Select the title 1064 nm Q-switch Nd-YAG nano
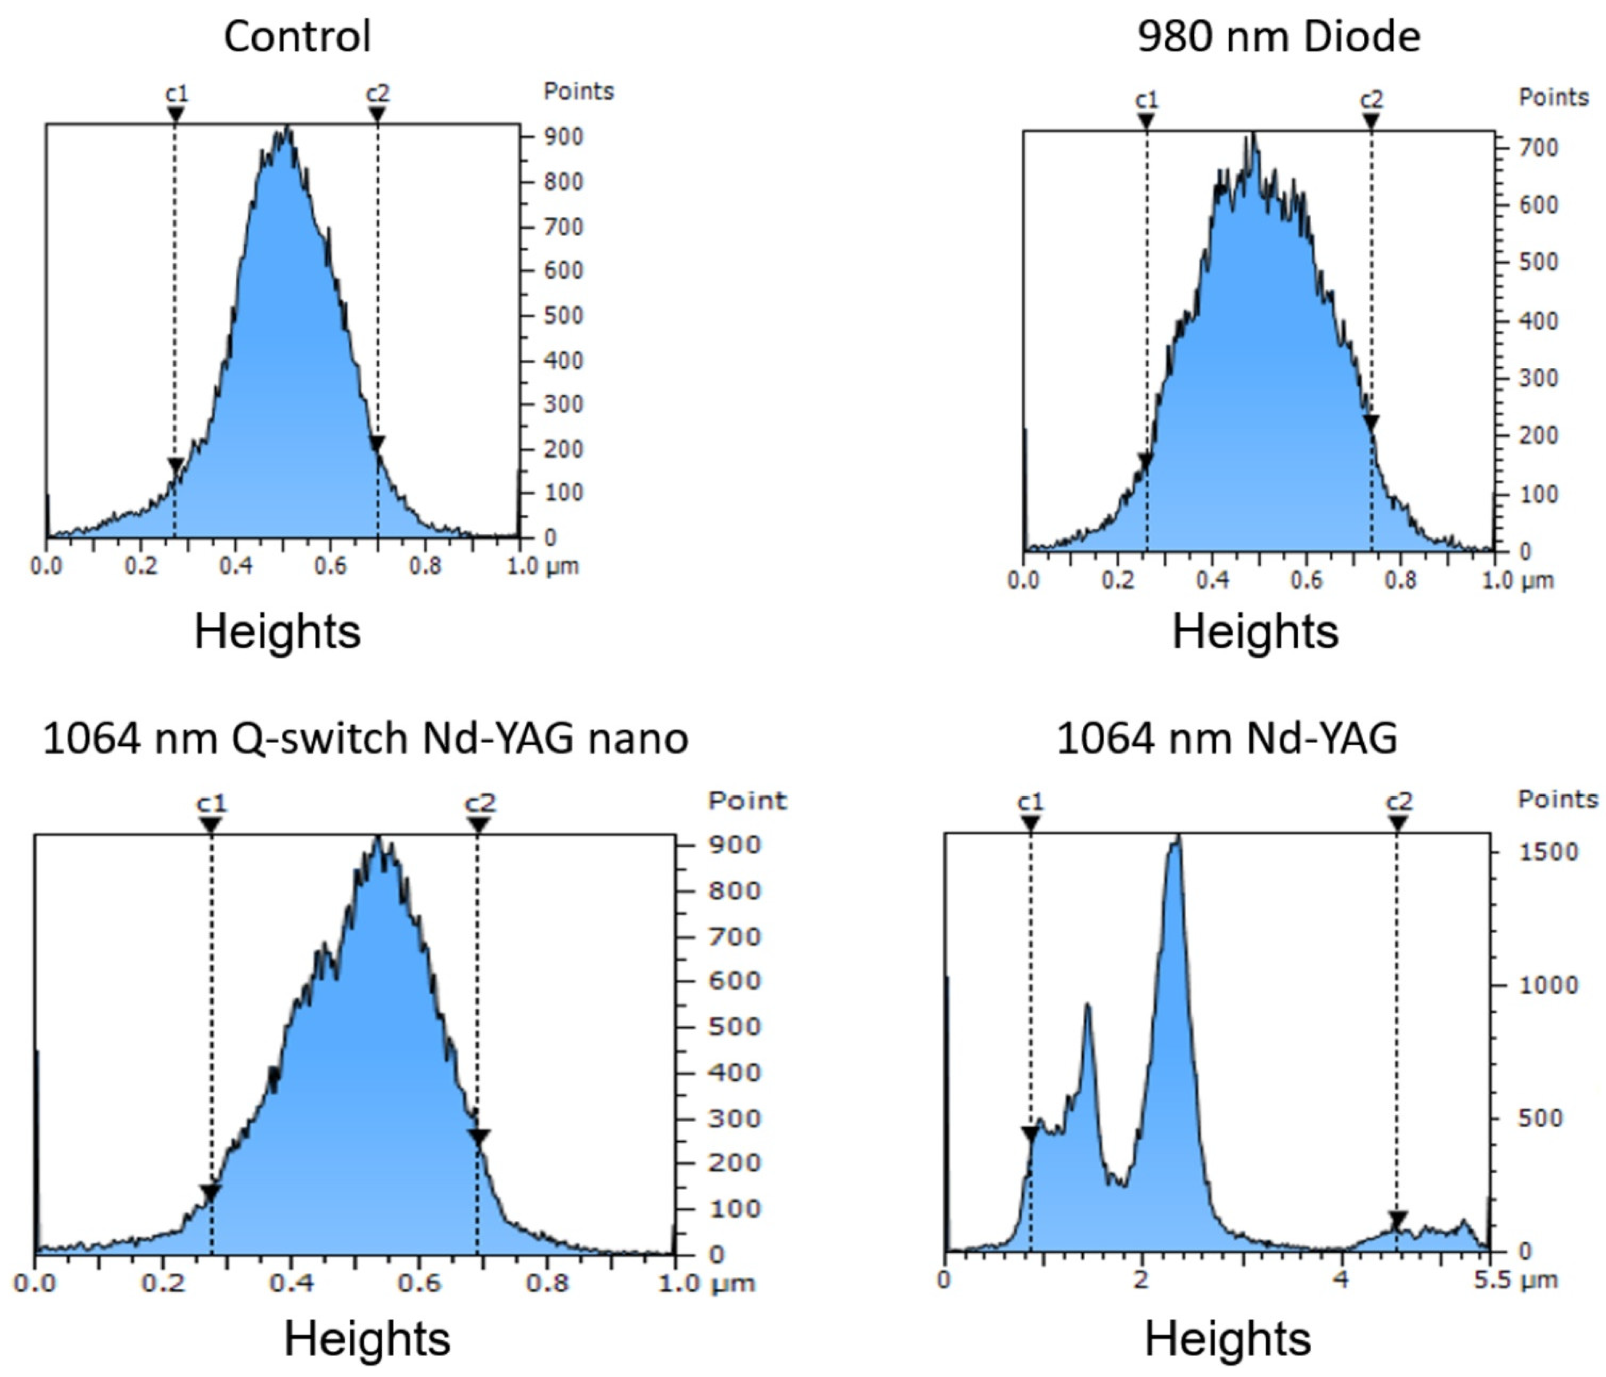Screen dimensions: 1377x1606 click(365, 737)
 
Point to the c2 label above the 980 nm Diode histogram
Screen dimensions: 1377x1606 click(1371, 99)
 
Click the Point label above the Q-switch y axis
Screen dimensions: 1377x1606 click(747, 800)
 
